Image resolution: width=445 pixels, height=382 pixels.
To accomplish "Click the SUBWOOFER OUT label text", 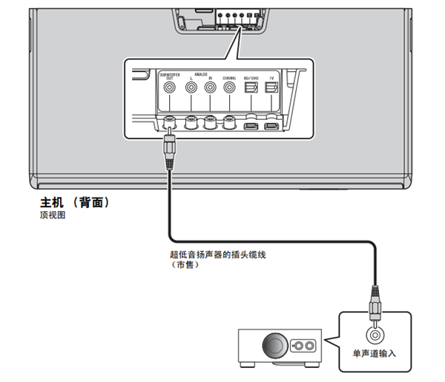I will point(169,77).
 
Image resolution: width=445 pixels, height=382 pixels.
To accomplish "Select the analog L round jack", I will point(191,88).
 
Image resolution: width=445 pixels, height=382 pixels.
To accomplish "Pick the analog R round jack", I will point(210,88).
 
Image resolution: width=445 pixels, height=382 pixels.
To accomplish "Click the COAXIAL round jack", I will point(229,88).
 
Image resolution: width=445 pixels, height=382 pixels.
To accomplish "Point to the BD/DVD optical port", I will point(250,88).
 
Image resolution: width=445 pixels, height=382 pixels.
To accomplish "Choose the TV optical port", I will point(271,88).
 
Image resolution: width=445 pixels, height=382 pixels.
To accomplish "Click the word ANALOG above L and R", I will point(200,74).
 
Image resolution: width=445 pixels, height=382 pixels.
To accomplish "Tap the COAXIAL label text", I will point(229,78).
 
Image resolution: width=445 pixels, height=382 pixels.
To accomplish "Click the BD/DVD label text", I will point(250,78).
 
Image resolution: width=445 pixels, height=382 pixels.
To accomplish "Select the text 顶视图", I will point(52,215).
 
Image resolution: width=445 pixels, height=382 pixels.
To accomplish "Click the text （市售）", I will point(185,265).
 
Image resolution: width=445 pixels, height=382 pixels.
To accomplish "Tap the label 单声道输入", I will point(375,353).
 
